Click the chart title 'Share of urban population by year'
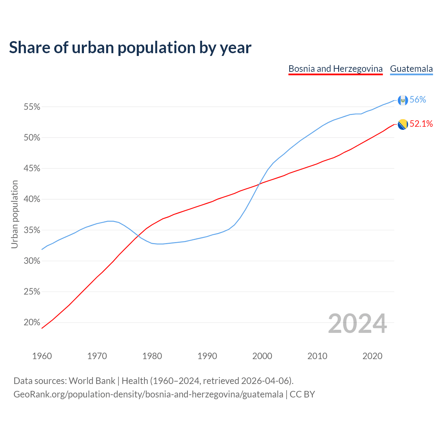(130, 48)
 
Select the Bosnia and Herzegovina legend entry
(335, 69)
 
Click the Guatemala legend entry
(411, 69)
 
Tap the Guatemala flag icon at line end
(403, 100)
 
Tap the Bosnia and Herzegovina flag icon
(403, 124)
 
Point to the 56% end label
(418, 100)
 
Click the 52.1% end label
(421, 124)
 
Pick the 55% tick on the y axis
(32, 107)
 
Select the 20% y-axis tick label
(32, 323)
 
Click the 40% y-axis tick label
(32, 199)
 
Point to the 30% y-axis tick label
(32, 261)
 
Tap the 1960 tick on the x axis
(42, 356)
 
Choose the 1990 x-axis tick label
(207, 356)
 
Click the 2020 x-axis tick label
(372, 356)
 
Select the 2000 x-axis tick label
(262, 356)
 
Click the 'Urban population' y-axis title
(15, 214)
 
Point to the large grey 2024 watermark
(357, 324)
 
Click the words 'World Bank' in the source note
(92, 381)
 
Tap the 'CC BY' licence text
(302, 394)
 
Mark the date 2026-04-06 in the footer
(265, 381)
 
